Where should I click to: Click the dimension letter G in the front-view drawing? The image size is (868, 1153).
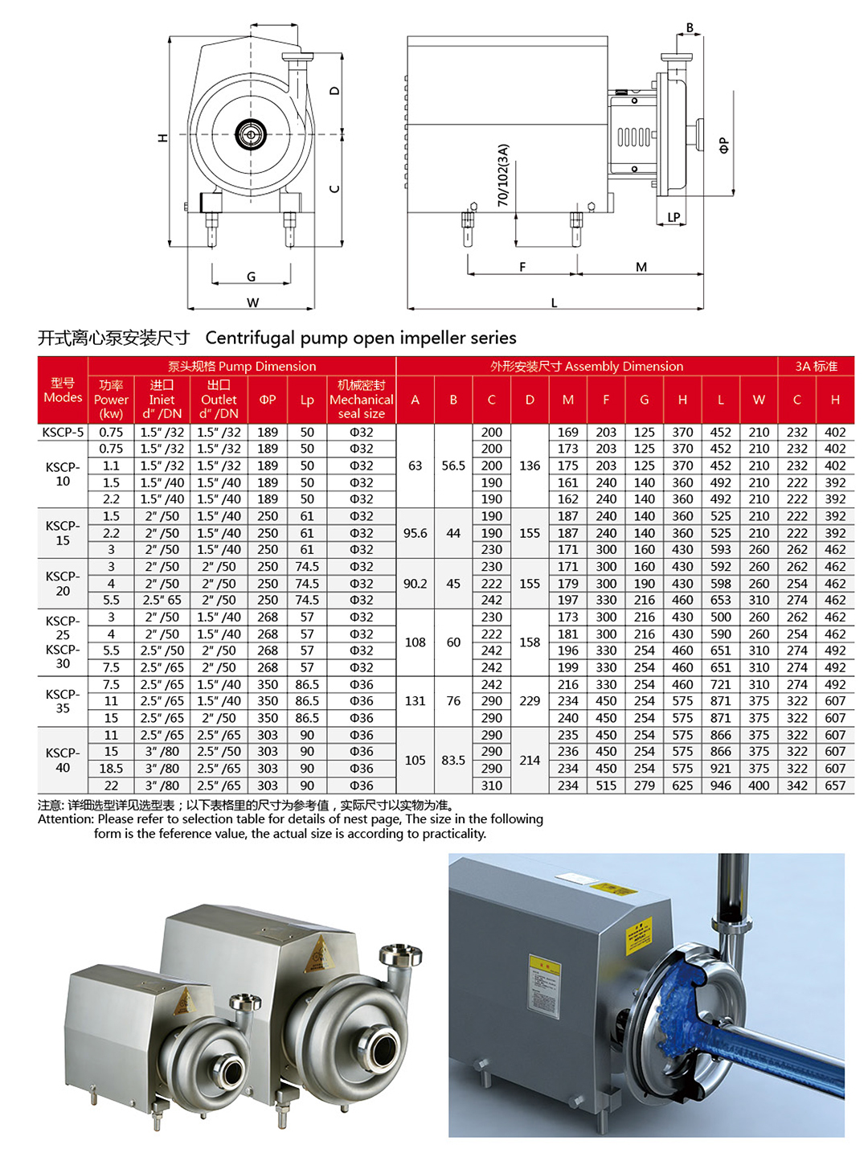tap(252, 277)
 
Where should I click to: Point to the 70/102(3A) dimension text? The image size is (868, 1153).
tap(503, 175)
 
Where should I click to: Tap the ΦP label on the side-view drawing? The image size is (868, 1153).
tap(724, 146)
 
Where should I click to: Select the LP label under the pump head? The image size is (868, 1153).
tap(674, 217)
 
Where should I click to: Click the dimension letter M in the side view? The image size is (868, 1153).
tap(641, 267)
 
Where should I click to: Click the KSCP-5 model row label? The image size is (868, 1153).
tap(63, 432)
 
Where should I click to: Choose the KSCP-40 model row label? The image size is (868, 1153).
tap(63, 760)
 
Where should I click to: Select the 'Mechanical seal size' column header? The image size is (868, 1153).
tap(361, 400)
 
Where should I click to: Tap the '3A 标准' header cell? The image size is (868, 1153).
tap(816, 366)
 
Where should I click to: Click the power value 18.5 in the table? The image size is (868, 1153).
tap(111, 769)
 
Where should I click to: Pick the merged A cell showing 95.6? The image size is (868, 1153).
tap(415, 533)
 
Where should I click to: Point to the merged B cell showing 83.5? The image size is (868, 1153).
tap(453, 760)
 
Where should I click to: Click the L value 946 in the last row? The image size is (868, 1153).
tap(720, 786)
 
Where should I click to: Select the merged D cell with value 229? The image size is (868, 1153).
tap(530, 701)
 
